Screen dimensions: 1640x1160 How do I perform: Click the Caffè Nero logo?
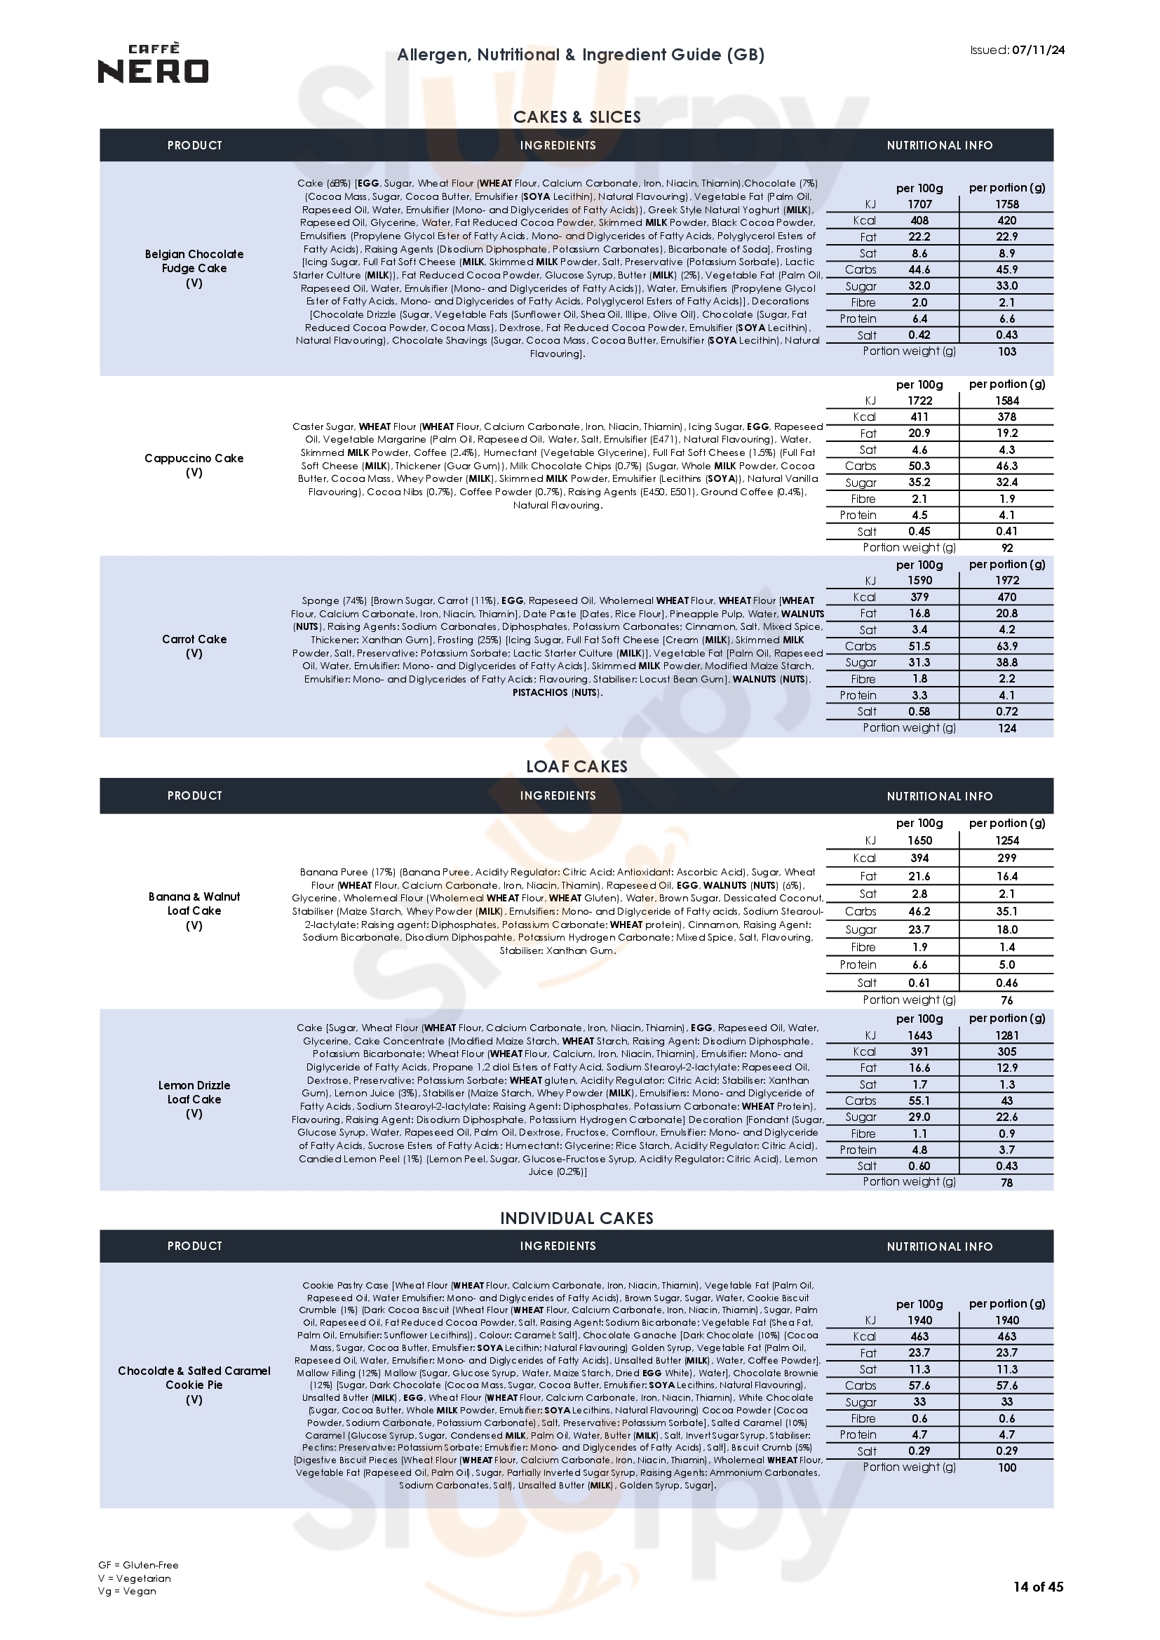(153, 64)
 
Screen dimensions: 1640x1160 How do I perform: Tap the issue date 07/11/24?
(1038, 50)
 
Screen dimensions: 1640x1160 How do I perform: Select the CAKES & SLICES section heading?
(577, 117)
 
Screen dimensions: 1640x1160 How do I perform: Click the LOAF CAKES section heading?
(577, 767)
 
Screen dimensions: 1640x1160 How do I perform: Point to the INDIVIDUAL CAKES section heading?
(577, 1218)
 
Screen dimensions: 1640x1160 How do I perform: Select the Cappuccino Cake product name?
(194, 459)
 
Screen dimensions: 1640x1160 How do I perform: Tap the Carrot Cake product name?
(194, 639)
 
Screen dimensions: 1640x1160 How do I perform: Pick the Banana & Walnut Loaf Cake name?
(194, 903)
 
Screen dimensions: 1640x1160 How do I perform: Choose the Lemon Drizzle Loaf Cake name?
(194, 1092)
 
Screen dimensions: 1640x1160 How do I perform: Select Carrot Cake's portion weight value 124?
(1006, 729)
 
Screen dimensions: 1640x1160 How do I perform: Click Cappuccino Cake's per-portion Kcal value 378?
(1006, 417)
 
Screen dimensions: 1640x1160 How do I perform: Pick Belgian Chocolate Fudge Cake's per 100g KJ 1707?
(919, 204)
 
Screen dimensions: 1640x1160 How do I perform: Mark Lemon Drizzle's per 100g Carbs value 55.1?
(919, 1101)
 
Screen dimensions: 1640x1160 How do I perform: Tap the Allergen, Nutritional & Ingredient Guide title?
(580, 55)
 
